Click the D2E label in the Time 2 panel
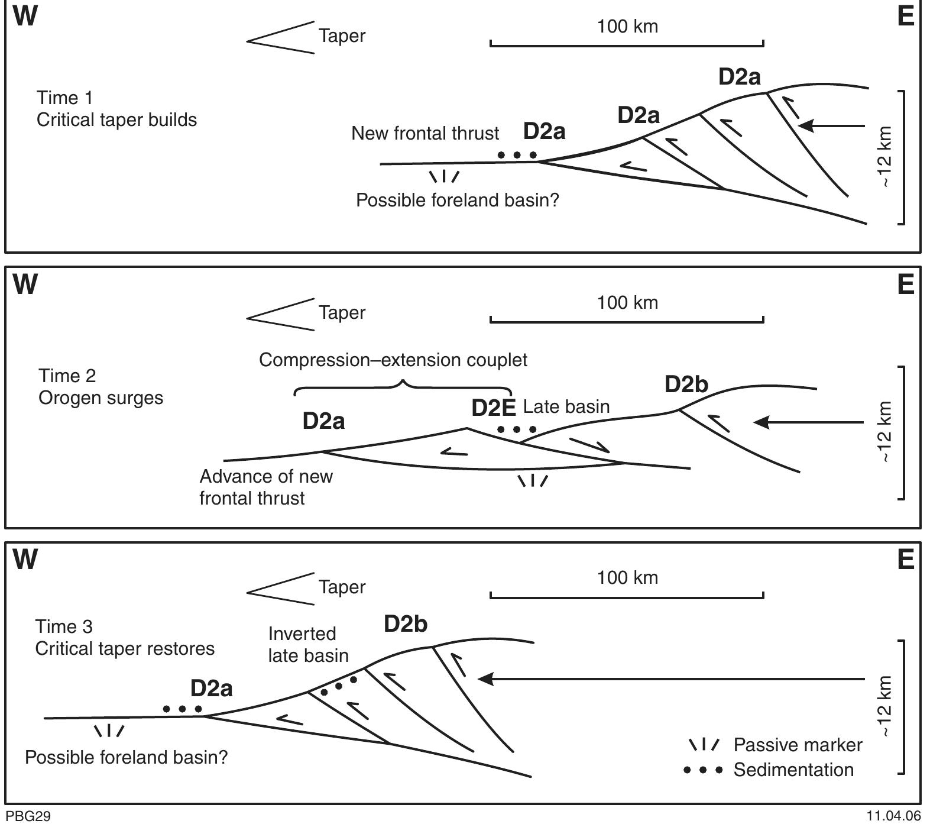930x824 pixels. [x=493, y=408]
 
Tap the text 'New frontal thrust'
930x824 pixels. [x=425, y=134]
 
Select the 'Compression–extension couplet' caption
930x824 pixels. [x=393, y=360]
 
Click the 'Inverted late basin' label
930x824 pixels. [x=307, y=645]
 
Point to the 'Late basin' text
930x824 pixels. [x=566, y=407]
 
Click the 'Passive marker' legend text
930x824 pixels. [x=797, y=745]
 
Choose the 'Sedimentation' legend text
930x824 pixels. [x=793, y=770]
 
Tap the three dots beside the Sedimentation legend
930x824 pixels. [x=702, y=770]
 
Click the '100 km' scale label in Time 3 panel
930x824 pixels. [x=627, y=578]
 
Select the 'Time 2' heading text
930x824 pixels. [x=67, y=376]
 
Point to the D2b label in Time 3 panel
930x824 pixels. [x=405, y=624]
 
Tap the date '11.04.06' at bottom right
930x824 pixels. [x=893, y=816]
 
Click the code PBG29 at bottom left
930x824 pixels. [x=28, y=816]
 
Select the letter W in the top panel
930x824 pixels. [x=25, y=17]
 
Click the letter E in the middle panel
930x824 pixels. [x=905, y=285]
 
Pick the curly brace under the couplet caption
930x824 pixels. [x=403, y=390]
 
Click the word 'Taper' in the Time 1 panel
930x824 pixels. [x=342, y=36]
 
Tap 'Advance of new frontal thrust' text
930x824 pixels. [x=265, y=487]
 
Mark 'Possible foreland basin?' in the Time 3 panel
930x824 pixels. [x=126, y=758]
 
